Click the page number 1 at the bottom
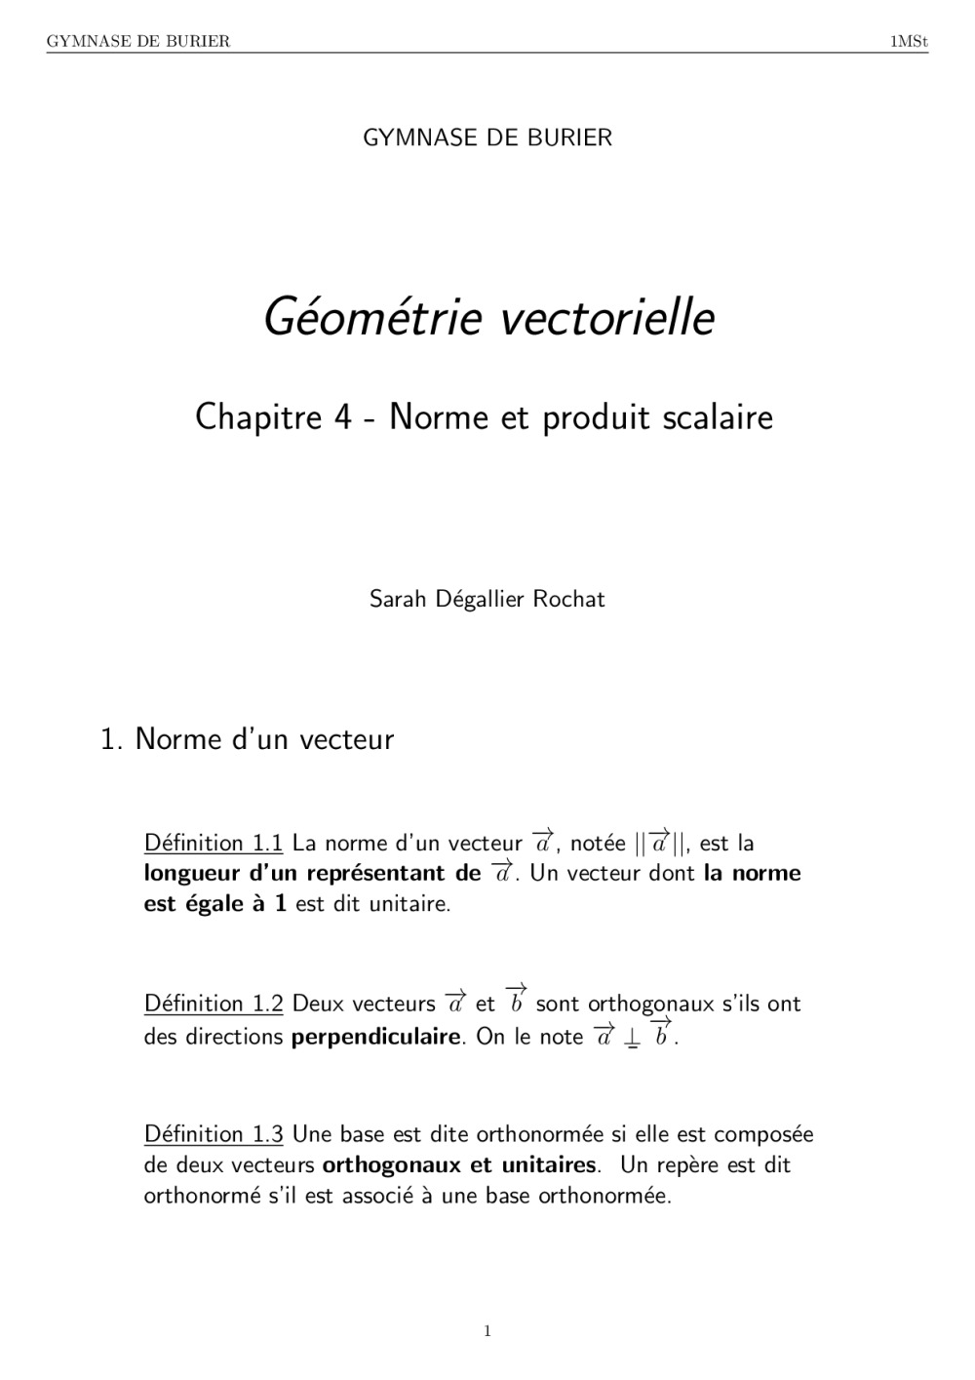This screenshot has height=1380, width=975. (487, 1331)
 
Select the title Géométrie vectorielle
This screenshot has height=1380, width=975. (489, 317)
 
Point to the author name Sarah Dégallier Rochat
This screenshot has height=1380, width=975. (487, 599)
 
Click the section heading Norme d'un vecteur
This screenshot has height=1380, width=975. (264, 739)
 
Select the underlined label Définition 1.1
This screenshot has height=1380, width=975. (213, 843)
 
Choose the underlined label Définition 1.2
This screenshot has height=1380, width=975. (213, 1004)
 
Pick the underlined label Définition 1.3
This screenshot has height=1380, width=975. (213, 1134)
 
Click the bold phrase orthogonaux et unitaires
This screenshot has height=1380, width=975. (458, 1165)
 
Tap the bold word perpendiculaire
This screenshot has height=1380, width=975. (375, 1037)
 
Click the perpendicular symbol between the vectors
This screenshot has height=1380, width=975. (633, 1039)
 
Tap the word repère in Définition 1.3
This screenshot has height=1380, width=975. (691, 1165)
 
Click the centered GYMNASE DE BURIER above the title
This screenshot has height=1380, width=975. (487, 138)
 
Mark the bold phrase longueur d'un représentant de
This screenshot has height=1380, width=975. (312, 873)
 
